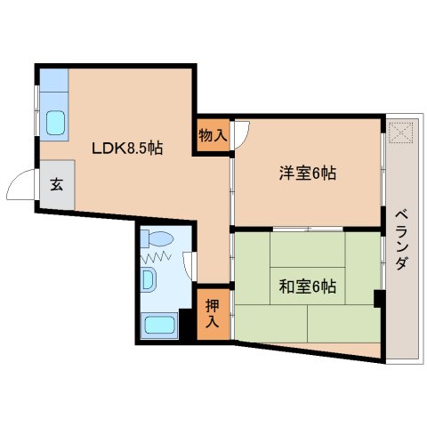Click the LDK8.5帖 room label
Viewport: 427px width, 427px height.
[127, 149]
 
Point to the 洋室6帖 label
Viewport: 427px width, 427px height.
[308, 173]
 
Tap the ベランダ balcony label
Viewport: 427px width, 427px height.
[401, 239]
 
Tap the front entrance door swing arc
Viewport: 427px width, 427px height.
[18, 185]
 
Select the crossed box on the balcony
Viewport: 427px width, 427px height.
[402, 133]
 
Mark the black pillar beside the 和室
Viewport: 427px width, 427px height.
[379, 298]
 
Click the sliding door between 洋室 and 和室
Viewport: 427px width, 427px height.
[308, 230]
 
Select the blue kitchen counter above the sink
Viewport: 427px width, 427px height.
[53, 85]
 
